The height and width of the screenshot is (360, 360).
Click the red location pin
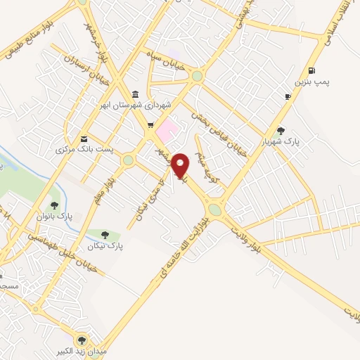pyautogui.click(x=181, y=165)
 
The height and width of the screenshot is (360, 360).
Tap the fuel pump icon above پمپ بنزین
pyautogui.click(x=311, y=70)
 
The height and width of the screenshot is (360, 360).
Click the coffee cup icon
pyautogui.click(x=288, y=96)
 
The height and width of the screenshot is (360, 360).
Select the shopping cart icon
pyautogui.click(x=150, y=126)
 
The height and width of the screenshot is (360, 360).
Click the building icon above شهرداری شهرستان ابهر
pyautogui.click(x=135, y=95)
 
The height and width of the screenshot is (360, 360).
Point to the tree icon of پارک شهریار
pyautogui.click(x=281, y=130)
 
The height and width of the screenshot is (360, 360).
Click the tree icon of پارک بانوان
pyautogui.click(x=54, y=205)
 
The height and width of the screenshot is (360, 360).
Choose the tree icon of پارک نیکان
pyautogui.click(x=105, y=235)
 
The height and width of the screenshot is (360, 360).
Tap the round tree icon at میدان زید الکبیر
pyautogui.click(x=82, y=338)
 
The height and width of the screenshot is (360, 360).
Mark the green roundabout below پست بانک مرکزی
pyautogui.click(x=128, y=160)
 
